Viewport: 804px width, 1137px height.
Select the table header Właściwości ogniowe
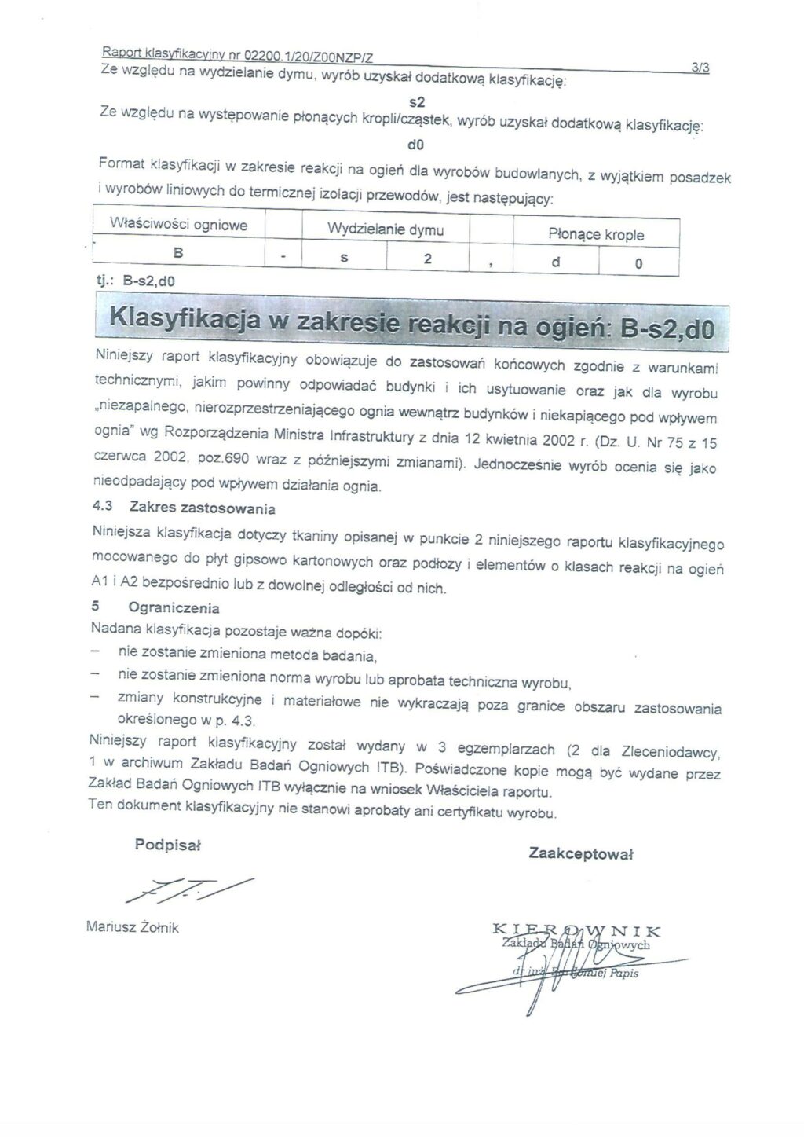click(179, 225)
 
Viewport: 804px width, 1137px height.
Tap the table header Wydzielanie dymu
click(386, 229)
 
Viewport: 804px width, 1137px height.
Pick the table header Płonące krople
click(596, 234)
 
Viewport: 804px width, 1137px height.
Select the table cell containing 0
click(638, 264)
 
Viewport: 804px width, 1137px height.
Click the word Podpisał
click(168, 845)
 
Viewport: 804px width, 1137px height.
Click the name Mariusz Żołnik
click(133, 927)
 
